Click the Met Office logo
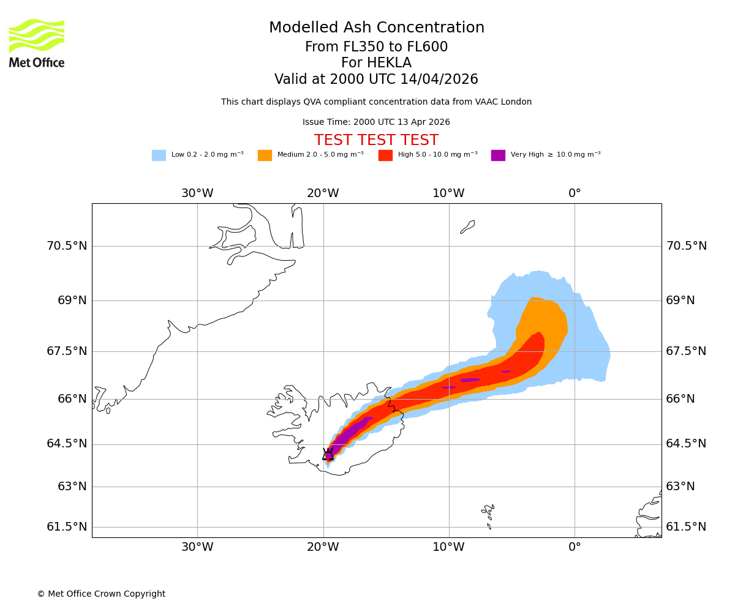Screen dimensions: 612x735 click(37, 43)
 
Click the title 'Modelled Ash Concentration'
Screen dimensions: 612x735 click(376, 28)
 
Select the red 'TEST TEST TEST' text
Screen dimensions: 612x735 click(376, 141)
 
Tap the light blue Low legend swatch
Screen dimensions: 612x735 click(159, 155)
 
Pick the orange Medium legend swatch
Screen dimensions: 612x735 click(265, 155)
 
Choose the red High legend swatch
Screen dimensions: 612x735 click(385, 155)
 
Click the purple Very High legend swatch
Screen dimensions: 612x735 click(498, 155)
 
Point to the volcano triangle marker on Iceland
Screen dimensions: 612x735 click(328, 454)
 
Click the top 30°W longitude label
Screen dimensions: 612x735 click(197, 193)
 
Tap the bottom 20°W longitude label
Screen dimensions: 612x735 click(323, 547)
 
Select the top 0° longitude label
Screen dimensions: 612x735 click(575, 193)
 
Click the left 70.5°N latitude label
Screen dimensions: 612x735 click(67, 246)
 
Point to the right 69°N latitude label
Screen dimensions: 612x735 click(680, 300)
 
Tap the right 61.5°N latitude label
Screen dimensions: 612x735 click(686, 527)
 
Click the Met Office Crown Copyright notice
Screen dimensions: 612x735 click(101, 594)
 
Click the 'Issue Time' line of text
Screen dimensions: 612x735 click(376, 122)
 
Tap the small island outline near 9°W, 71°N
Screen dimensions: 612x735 click(467, 227)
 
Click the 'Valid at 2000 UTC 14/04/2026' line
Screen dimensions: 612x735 click(376, 80)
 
